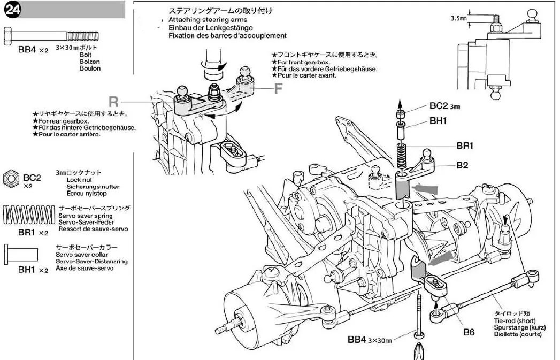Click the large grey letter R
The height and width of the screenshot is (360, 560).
click(x=113, y=101)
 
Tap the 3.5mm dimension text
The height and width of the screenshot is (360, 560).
click(x=459, y=18)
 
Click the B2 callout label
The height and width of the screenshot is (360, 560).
click(x=463, y=165)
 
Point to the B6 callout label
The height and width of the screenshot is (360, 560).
click(x=469, y=332)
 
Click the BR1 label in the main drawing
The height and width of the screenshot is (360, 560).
click(x=465, y=145)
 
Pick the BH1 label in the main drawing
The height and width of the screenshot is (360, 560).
click(x=438, y=121)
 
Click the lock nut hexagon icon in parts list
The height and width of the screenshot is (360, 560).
click(x=11, y=179)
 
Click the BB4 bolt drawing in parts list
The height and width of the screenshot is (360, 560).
click(x=51, y=36)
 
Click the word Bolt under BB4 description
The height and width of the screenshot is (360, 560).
click(x=86, y=55)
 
